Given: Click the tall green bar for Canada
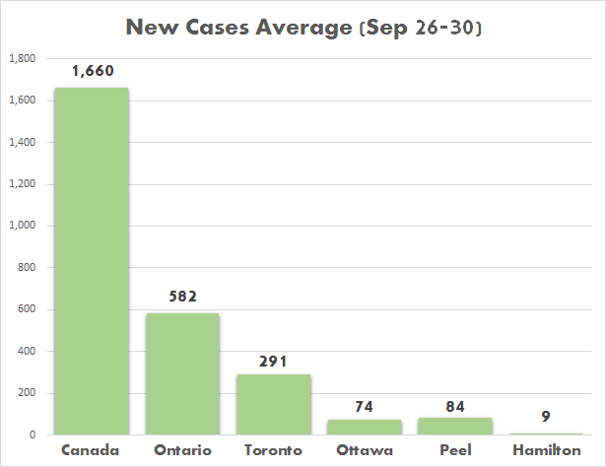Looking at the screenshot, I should tap(91, 261).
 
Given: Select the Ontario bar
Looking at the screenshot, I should tap(182, 374).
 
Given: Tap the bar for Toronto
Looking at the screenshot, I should tap(274, 404).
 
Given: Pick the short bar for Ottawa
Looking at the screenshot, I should tap(365, 427).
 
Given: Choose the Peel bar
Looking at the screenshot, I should tap(456, 426).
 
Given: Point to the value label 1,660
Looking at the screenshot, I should tap(91, 71).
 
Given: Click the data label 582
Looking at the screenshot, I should tap(182, 296).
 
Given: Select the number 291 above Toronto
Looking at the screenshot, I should tap(274, 361).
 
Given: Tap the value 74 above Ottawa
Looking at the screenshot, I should tap(365, 405).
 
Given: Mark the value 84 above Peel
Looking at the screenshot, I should tap(456, 403).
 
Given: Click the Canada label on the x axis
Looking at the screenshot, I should tap(91, 450).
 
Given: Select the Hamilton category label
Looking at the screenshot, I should tap(548, 450).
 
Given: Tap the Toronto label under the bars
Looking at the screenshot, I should tap(274, 450).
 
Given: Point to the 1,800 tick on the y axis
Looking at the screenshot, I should tap(22, 59).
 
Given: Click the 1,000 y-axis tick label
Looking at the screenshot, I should tap(22, 226).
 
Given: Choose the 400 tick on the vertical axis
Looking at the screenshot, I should tap(27, 351).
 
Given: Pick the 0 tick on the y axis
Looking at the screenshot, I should tap(33, 434).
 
